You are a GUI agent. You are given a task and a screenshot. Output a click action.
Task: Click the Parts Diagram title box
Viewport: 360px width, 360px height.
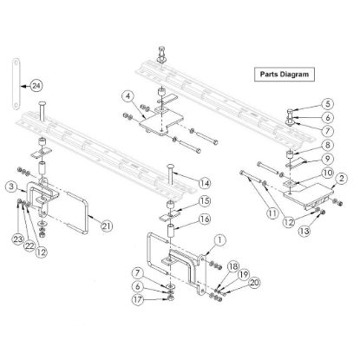pyautogui.click(x=284, y=75)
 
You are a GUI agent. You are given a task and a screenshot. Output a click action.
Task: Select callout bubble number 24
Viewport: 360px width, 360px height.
pyautogui.click(x=36, y=86)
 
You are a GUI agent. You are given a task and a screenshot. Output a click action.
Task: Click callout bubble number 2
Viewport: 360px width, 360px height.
pyautogui.click(x=343, y=178)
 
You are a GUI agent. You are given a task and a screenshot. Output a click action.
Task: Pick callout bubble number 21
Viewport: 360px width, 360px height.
pyautogui.click(x=106, y=226)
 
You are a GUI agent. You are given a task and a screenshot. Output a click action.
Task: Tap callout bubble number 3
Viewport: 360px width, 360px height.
pyautogui.click(x=10, y=187)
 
